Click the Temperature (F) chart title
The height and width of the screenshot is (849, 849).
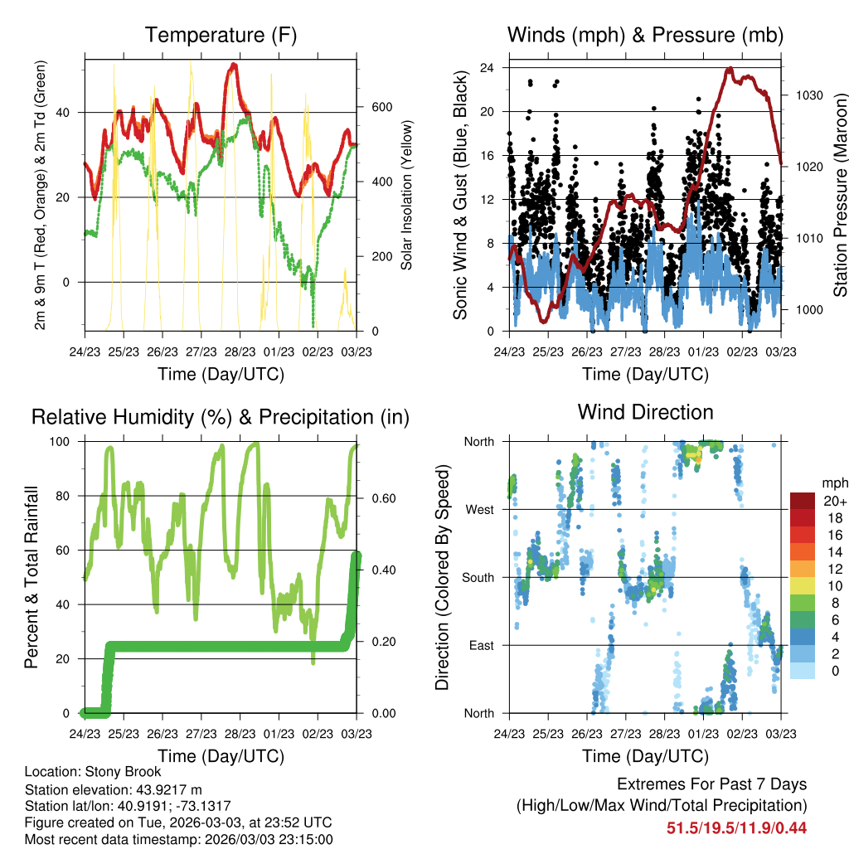click(221, 35)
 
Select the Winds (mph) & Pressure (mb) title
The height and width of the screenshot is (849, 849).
click(645, 35)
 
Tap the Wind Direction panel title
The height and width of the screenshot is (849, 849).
click(645, 412)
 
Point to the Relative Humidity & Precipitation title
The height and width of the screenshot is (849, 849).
click(221, 418)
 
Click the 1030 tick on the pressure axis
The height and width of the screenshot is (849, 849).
click(809, 95)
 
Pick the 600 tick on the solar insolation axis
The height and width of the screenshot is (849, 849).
click(381, 107)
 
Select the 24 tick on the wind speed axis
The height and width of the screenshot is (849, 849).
click(487, 68)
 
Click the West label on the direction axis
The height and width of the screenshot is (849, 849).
click(480, 510)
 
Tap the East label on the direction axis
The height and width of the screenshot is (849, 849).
click(482, 645)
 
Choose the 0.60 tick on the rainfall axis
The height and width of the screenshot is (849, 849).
click(384, 498)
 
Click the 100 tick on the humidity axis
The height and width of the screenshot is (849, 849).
click(60, 442)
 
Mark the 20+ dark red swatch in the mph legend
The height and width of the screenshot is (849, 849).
click(803, 501)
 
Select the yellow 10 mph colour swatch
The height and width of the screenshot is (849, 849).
click(803, 585)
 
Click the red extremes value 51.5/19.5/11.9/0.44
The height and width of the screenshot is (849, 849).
click(736, 828)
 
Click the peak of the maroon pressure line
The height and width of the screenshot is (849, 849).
click(730, 69)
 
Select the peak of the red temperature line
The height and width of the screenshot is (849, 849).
click(233, 65)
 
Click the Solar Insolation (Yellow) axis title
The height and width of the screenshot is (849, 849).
click(406, 195)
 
